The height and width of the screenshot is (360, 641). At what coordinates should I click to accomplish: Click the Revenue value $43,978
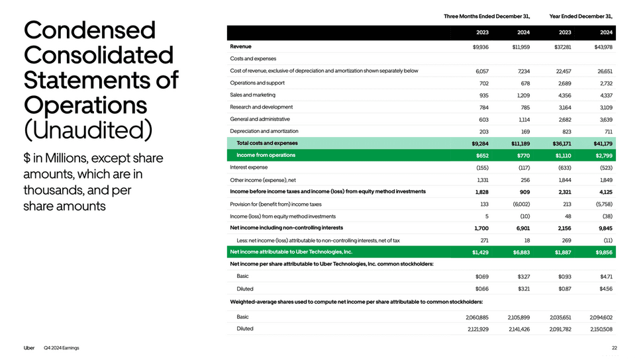[602, 47]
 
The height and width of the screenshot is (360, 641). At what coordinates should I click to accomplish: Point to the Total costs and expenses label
[267, 143]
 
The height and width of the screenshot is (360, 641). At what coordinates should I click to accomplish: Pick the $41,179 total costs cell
[602, 143]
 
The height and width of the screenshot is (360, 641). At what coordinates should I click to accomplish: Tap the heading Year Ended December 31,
[581, 16]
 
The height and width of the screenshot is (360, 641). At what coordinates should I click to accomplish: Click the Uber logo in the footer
[29, 348]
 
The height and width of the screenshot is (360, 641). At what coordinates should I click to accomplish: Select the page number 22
[615, 348]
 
